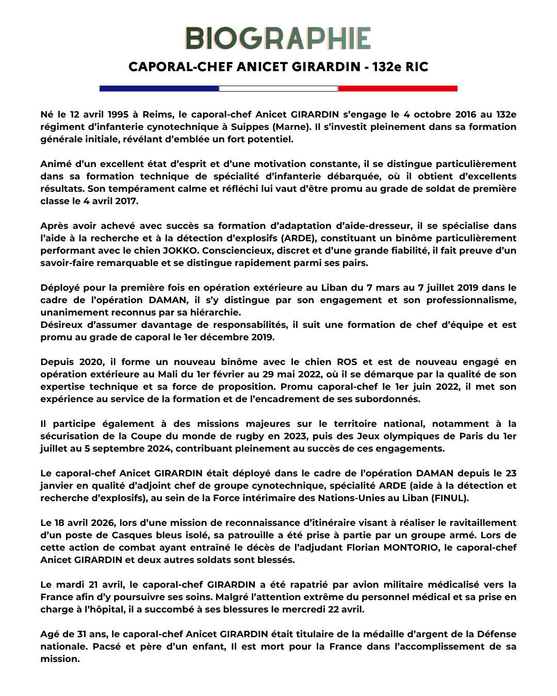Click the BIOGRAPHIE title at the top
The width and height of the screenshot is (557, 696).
pos(278,39)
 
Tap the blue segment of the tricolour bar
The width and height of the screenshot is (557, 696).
pos(159,89)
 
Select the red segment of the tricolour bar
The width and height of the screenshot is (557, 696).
pos(398,89)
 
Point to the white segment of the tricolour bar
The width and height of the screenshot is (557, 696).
pos(278,89)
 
